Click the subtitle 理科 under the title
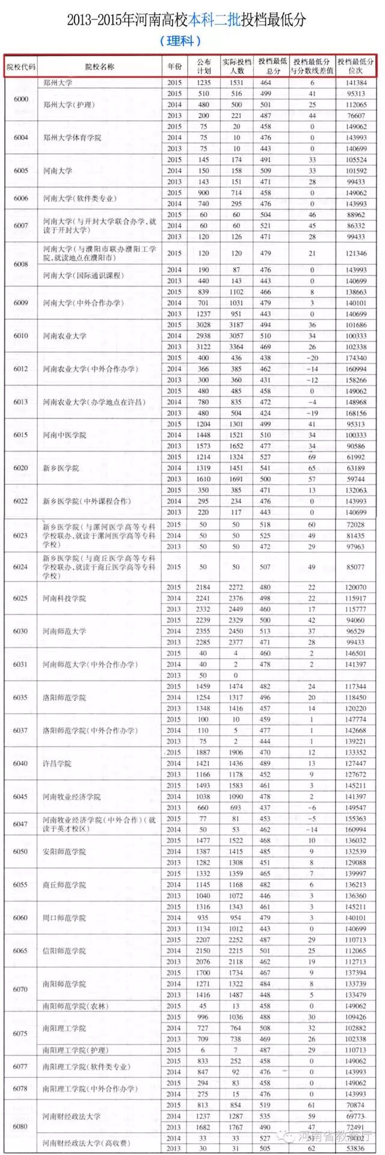click(180, 41)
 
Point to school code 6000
click(21, 99)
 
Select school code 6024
click(21, 567)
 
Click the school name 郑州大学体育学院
click(72, 138)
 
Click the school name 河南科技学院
click(64, 599)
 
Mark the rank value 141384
click(356, 82)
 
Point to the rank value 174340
click(356, 358)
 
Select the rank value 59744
click(356, 479)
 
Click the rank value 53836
click(356, 1148)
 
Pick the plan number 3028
click(203, 325)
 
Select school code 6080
click(21, 1126)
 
